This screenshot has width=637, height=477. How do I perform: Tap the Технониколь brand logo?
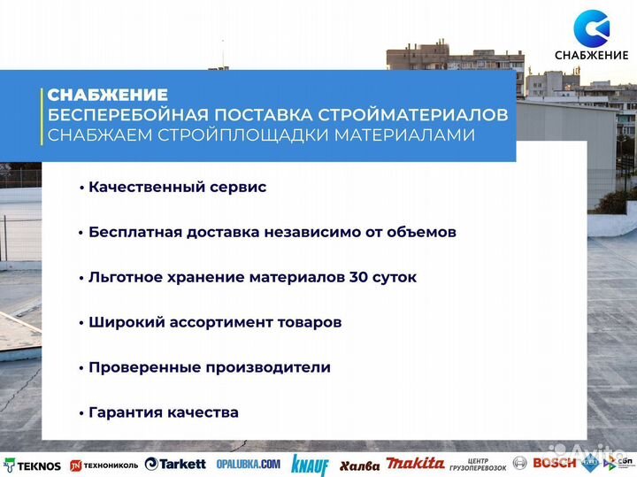pos(104,465)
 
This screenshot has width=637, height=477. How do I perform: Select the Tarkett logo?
pos(175,464)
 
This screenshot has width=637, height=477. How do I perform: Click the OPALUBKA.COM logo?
pos(247,464)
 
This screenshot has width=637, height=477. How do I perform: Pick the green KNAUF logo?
pos(309,465)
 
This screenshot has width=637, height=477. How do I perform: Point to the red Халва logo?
pos(359,465)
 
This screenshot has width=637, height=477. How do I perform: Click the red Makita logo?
pos(416,464)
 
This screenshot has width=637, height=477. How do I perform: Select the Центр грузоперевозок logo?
pos(478,464)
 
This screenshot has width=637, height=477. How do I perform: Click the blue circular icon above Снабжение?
pos(591,27)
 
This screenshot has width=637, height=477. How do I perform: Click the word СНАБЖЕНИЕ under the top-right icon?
pos(591,56)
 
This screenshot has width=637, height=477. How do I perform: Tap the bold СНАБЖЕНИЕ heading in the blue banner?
pos(107,95)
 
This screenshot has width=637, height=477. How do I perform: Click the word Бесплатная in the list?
pos(132,232)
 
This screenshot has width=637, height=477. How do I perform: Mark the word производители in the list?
pos(274,367)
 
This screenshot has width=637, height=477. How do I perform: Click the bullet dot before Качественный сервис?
pos(81,188)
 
